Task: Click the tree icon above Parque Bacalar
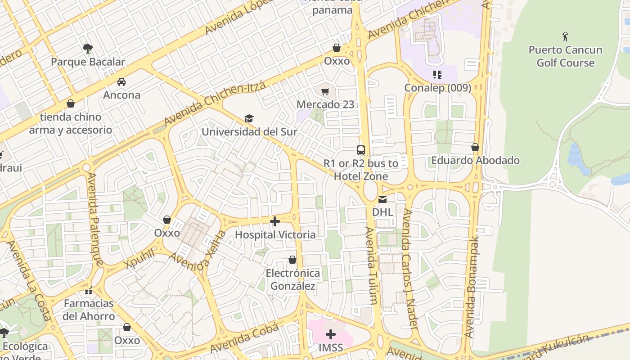point(88,48)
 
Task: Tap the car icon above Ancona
point(121,82)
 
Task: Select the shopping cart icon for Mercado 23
point(325,91)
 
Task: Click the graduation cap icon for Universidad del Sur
point(249,118)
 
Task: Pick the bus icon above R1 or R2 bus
point(360,150)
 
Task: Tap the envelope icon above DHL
point(382,199)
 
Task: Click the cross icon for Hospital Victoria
point(275,221)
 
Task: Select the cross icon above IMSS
point(331,334)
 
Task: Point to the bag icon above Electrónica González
point(292,260)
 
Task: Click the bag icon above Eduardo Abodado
point(475,147)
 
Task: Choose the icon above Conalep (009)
point(437,75)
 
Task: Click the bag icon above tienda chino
point(71,104)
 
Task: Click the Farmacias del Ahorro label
point(89,310)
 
